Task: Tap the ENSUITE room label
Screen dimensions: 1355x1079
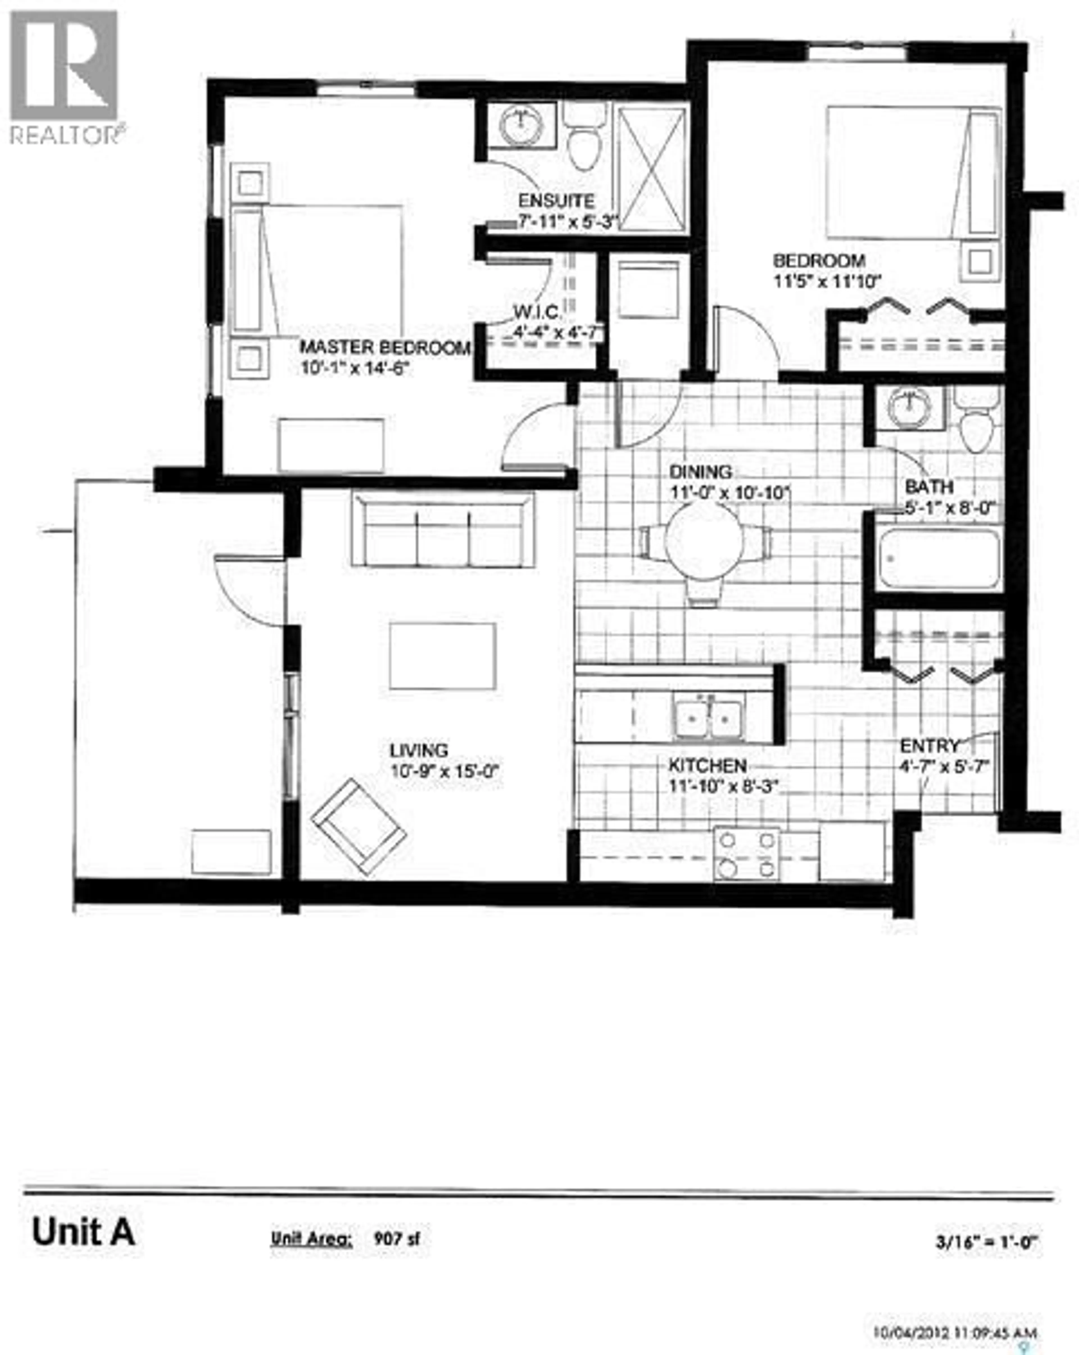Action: pos(556,201)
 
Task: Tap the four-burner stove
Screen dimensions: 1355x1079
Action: pos(746,854)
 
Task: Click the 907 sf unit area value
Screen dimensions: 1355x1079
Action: pos(396,1238)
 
